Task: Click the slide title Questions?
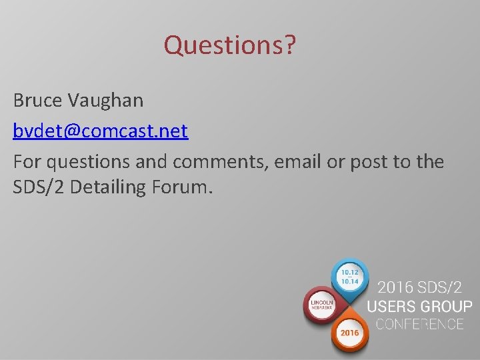(x=230, y=46)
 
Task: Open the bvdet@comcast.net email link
(x=100, y=131)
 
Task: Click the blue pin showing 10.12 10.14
(x=349, y=277)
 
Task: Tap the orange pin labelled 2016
(x=349, y=331)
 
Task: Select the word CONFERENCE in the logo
(x=419, y=325)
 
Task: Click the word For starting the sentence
(x=26, y=161)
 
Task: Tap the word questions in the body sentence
(x=90, y=161)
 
